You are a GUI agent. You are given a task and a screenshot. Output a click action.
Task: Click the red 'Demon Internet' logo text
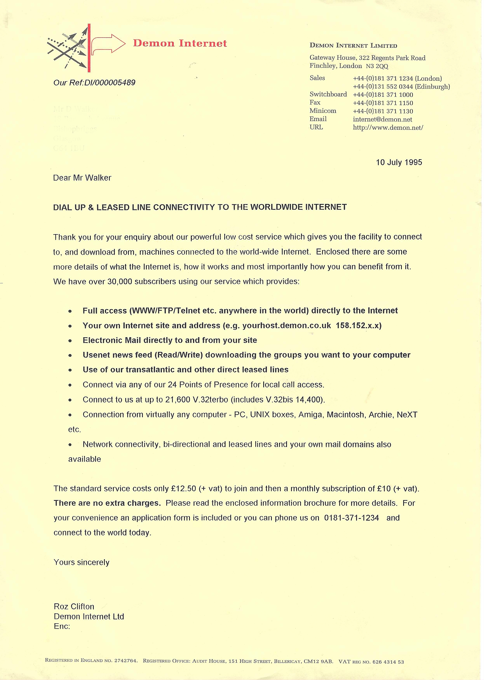[180, 43]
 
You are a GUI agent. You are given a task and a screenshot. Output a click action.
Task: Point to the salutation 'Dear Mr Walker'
[82, 178]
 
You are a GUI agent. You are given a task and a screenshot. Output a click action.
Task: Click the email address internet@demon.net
[382, 119]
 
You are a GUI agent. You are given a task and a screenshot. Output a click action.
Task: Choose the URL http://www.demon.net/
[388, 128]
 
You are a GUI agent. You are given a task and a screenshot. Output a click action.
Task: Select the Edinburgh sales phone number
[401, 87]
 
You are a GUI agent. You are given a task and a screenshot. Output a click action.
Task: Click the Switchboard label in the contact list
[328, 94]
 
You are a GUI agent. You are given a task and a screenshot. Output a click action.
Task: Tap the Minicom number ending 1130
[383, 111]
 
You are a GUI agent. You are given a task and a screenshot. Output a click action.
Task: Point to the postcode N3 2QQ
[377, 66]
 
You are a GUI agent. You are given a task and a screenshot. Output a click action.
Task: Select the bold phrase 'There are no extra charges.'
[107, 503]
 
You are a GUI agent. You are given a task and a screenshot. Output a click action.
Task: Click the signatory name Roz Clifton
[74, 607]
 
